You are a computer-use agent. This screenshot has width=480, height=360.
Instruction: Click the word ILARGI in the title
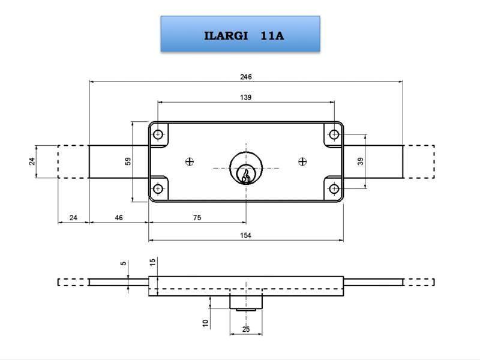[x=226, y=36]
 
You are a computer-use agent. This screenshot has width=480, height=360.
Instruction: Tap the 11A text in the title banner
[x=272, y=36]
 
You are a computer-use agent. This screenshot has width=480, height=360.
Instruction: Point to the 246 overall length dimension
[x=245, y=77]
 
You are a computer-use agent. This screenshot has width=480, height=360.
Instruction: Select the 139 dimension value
[x=245, y=97]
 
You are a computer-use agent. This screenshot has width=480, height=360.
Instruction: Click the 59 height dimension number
[x=128, y=162]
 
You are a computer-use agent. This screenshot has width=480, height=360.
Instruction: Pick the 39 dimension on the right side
[x=361, y=161]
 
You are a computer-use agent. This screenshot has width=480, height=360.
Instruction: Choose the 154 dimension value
[x=245, y=235]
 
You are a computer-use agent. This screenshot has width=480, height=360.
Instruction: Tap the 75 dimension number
[x=197, y=218]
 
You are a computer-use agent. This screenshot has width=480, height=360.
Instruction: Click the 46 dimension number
[x=119, y=218]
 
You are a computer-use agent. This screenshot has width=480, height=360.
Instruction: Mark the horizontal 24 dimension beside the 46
[x=73, y=218]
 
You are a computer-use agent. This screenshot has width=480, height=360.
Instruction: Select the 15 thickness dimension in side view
[x=153, y=262]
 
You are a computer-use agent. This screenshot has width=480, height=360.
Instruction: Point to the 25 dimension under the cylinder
[x=246, y=329]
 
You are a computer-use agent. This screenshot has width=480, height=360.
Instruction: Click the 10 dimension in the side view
[x=205, y=323]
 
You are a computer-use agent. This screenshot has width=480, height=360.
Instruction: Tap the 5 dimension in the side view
[x=124, y=263]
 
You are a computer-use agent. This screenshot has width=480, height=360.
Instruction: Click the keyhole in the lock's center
[x=245, y=175]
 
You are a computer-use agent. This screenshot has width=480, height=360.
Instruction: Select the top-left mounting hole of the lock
[x=158, y=134]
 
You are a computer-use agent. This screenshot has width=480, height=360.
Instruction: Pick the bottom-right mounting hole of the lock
[x=334, y=189]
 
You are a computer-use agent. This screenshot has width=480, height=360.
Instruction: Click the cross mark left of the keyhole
[x=190, y=161]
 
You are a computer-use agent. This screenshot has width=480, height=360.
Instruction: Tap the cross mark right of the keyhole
[x=302, y=161]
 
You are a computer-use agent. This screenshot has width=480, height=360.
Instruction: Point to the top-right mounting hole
[x=334, y=134]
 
